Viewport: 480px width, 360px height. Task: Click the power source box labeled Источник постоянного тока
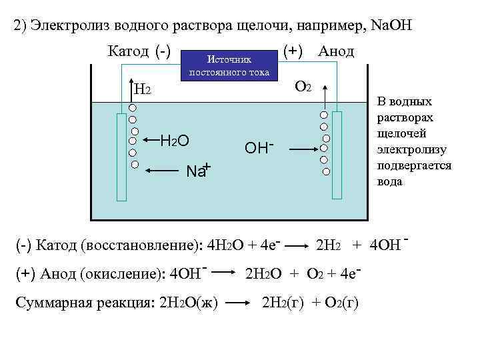229,65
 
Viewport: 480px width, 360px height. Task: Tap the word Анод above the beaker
336,51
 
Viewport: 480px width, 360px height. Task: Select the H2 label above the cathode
142,89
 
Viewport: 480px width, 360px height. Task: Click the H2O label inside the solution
175,140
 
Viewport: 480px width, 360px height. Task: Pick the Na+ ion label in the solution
198,170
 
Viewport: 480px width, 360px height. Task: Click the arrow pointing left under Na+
163,171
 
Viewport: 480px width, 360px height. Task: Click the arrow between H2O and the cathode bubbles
149,140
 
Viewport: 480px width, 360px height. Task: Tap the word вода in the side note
390,181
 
